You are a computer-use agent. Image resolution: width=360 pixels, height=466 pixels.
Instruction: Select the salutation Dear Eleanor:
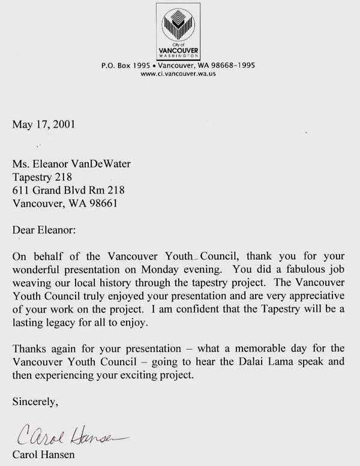point(44,230)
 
